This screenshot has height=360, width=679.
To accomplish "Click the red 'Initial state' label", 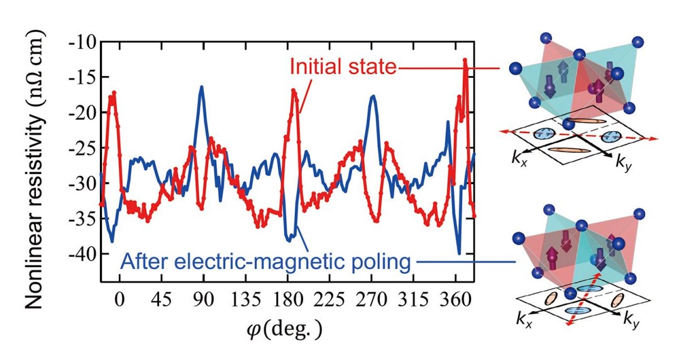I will point(343,67).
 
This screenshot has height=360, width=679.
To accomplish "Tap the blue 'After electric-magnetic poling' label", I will point(263,261).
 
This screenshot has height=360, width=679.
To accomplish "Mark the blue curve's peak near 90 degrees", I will point(202,87).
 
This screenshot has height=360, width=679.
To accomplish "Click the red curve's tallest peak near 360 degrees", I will point(465,60).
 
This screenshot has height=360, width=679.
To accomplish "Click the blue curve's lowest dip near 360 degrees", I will point(460,253).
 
